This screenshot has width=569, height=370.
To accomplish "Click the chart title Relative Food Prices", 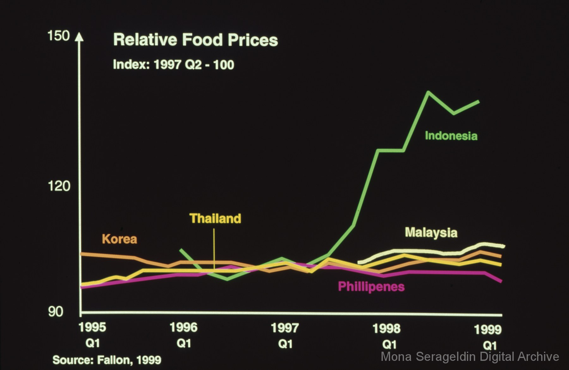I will point(195,40).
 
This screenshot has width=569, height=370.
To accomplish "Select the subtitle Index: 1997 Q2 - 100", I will point(174,65).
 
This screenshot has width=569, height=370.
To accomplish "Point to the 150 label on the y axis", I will point(58,36).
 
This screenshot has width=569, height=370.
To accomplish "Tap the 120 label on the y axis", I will point(59,186).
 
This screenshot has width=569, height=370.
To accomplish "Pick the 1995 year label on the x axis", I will point(92,327).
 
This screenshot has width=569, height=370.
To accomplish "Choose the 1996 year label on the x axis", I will point(184,327).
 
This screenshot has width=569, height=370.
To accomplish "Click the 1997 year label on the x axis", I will point(285,328).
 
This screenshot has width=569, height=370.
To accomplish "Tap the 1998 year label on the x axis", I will point(386,329).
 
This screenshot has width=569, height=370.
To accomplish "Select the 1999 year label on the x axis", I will point(488,330).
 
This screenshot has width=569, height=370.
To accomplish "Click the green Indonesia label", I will point(451,136).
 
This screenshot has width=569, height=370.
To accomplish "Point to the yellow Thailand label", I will point(215,218).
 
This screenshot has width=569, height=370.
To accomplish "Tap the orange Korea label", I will point(119,239).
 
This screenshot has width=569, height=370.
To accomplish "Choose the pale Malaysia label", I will point(431,233).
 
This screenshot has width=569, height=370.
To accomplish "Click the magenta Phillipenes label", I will point(371,287).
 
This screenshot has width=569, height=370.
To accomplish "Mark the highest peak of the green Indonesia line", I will point(428,92).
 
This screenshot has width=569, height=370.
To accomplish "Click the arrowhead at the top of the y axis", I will point(79,37).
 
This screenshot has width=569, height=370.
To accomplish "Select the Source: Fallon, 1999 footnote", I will point(107,360).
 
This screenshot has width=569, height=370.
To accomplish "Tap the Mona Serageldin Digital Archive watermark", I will point(470,356).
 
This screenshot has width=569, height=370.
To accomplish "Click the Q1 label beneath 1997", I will point(285,344).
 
